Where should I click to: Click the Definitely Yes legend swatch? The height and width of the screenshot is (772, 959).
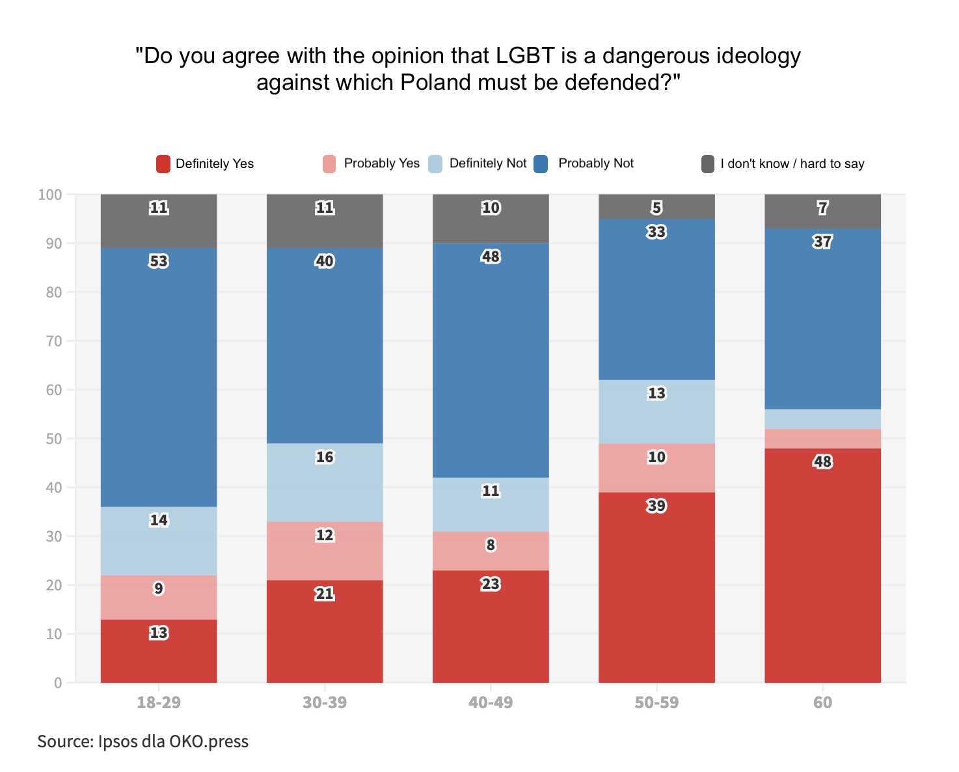(163, 164)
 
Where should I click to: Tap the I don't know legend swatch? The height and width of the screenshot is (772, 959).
(708, 164)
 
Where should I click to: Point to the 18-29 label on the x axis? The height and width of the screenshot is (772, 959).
(159, 703)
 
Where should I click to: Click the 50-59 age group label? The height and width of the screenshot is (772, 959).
(656, 703)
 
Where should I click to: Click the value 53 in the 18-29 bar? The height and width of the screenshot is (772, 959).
(159, 262)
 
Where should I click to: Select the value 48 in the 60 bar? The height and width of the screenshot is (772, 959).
(822, 462)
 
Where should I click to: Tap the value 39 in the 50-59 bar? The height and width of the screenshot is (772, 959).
(656, 506)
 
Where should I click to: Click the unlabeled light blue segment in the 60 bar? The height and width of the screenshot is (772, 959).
(822, 419)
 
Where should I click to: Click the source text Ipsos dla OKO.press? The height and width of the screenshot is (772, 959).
(173, 741)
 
